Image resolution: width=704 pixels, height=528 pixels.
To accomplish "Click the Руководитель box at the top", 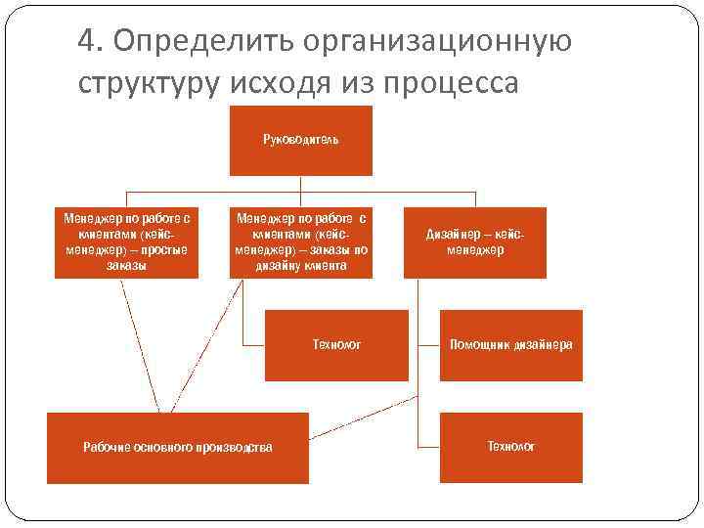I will point(300,140).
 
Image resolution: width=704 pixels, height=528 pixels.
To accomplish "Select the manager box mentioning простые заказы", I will point(126,242).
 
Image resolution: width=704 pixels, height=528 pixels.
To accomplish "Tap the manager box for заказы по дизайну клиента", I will point(300,242).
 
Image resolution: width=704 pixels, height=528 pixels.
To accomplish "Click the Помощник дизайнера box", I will point(510,345).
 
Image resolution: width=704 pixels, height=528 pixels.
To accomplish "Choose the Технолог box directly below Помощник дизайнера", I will point(510,447).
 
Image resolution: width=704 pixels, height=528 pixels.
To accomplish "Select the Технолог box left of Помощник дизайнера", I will point(336,345).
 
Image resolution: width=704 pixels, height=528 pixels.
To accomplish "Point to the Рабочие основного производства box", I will point(177,448).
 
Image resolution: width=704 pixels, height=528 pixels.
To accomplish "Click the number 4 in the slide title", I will point(87,42).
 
